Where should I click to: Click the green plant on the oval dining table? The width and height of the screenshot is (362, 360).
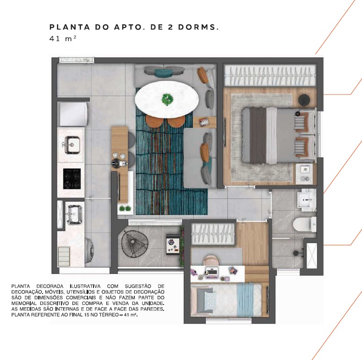click(167, 100)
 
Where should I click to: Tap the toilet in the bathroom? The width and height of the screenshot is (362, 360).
click(305, 224)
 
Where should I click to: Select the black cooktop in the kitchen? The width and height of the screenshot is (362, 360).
click(72, 178)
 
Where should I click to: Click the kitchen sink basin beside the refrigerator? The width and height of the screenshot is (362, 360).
click(72, 145)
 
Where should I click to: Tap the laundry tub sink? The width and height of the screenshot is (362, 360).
click(74, 215)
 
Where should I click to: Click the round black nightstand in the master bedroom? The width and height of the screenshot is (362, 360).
click(305, 100)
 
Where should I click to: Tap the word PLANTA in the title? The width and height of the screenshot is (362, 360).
click(70, 27)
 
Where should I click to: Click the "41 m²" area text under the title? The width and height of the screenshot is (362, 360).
click(63, 39)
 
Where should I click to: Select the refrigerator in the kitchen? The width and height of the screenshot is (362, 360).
click(73, 114)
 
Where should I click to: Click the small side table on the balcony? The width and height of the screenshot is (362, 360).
click(173, 244)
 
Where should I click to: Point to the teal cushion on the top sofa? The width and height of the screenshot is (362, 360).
click(164, 73)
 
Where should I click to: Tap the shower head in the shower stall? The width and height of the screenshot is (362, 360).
click(296, 253)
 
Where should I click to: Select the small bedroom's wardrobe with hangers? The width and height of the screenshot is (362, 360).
click(213, 233)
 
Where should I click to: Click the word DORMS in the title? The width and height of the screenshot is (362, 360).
click(198, 27)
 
